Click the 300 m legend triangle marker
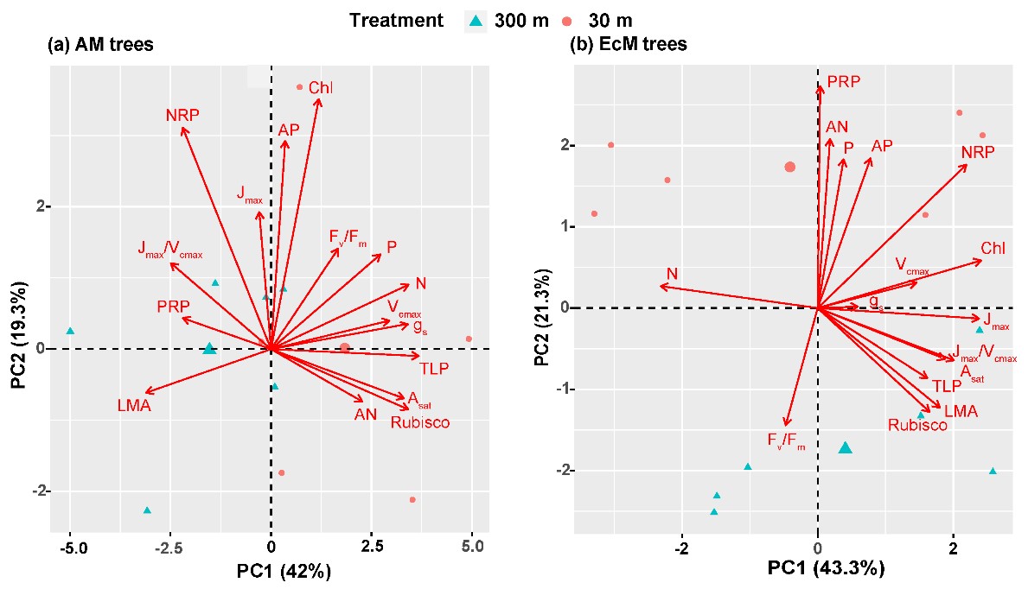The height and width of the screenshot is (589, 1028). (x=472, y=19)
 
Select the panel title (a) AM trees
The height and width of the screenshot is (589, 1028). (x=99, y=45)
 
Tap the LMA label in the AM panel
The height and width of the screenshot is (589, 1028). (x=134, y=405)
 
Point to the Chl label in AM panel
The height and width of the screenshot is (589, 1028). (x=320, y=87)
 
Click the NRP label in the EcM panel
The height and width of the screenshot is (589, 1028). (x=978, y=152)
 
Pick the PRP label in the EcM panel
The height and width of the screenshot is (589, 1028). (x=844, y=82)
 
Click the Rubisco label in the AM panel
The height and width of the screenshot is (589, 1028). (x=420, y=422)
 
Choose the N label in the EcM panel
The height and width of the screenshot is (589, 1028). (x=671, y=275)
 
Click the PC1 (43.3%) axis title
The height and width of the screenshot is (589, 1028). (x=817, y=568)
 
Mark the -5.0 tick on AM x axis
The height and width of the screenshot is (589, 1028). (x=71, y=547)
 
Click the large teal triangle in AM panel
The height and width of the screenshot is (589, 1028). (x=209, y=348)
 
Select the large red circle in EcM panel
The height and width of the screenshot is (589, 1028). (x=789, y=167)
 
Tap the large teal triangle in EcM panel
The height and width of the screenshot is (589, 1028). (x=846, y=447)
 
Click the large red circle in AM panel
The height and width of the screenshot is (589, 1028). (x=344, y=348)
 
